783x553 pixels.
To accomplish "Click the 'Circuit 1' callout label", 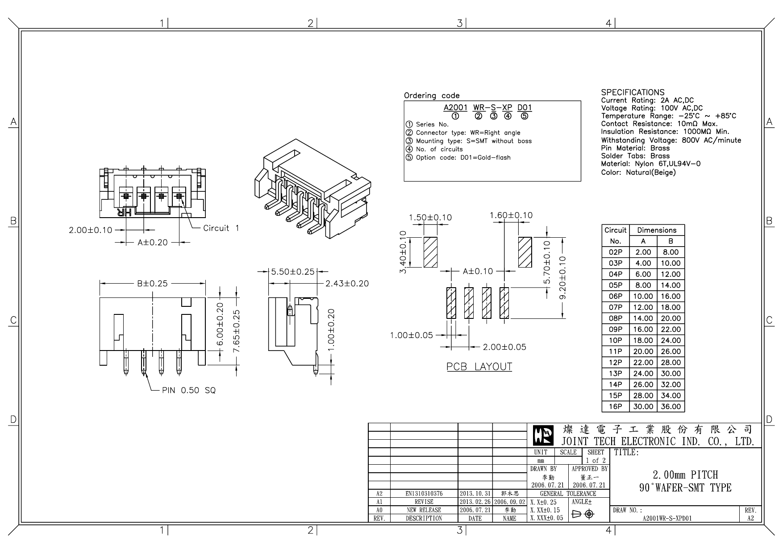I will (x=221, y=228).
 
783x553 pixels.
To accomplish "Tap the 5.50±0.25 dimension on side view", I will (x=293, y=272).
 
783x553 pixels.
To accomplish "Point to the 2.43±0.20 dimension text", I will (x=347, y=283).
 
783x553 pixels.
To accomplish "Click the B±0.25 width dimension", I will (x=152, y=283).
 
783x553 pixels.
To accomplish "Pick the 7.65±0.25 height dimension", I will (x=237, y=331).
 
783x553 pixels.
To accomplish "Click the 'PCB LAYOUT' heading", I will (x=479, y=367).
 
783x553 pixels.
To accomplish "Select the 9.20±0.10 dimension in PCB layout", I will (x=562, y=277).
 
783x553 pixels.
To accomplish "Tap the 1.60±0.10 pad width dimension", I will (x=511, y=215).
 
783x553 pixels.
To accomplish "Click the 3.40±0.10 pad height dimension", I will (x=403, y=252).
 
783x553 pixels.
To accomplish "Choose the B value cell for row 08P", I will (x=671, y=318).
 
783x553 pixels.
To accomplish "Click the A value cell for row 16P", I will (x=643, y=407).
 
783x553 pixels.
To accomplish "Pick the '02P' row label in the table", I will (x=615, y=252).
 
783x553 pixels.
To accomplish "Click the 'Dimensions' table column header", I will (x=656, y=230).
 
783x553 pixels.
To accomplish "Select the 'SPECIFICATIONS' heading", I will (x=632, y=92).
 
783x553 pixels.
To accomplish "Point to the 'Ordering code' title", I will (x=431, y=95).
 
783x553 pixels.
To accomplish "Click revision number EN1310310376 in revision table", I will (x=424, y=494).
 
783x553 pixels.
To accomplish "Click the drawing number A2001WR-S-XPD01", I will (x=667, y=518).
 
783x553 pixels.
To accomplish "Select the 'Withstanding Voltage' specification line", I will (x=671, y=140).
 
